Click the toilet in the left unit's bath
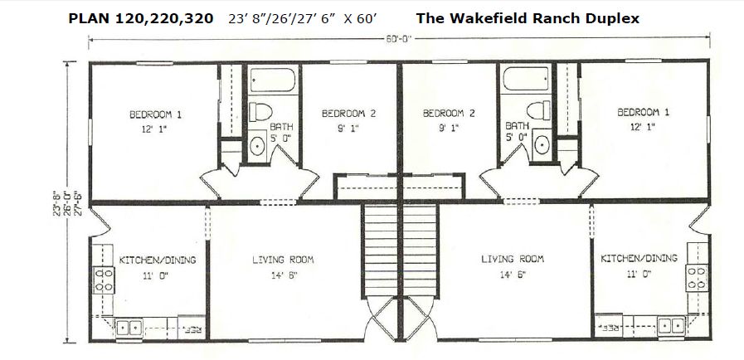click(260, 111)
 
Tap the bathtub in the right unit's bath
click(525, 79)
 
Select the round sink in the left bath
click(258, 146)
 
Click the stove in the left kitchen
click(104, 280)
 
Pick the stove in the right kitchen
click(696, 278)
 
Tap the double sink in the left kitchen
click(129, 328)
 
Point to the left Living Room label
click(283, 260)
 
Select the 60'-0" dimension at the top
click(398, 39)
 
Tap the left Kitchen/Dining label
click(157, 260)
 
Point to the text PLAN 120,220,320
click(141, 19)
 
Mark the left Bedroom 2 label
click(348, 114)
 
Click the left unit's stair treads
click(381, 250)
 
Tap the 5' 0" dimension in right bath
click(516, 138)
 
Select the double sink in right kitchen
click(671, 325)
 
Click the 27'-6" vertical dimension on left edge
click(79, 203)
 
